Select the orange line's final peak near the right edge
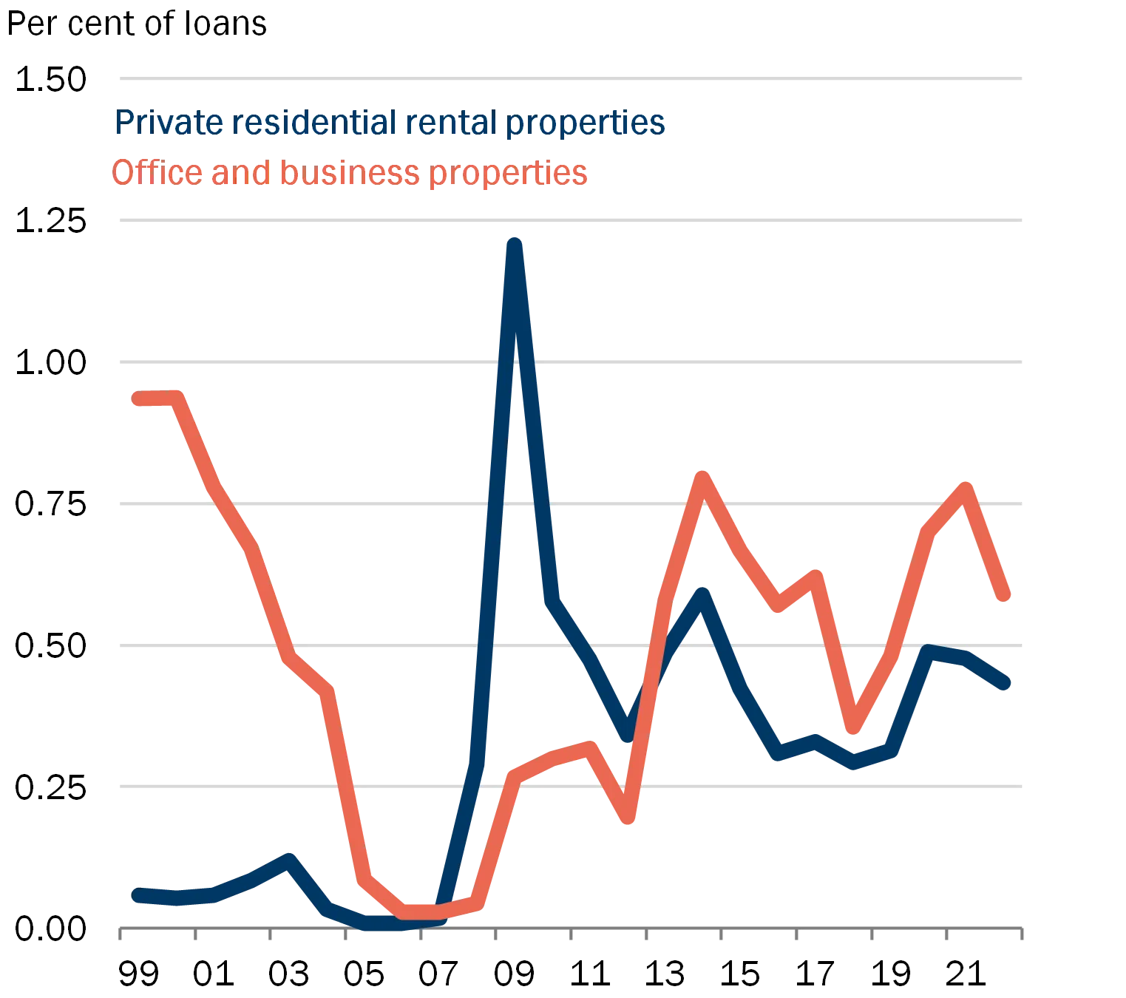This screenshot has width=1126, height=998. pyautogui.click(x=965, y=488)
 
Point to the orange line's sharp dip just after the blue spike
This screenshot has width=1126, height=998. pyautogui.click(x=628, y=818)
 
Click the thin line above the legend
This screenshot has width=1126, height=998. pyautogui.click(x=570, y=79)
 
